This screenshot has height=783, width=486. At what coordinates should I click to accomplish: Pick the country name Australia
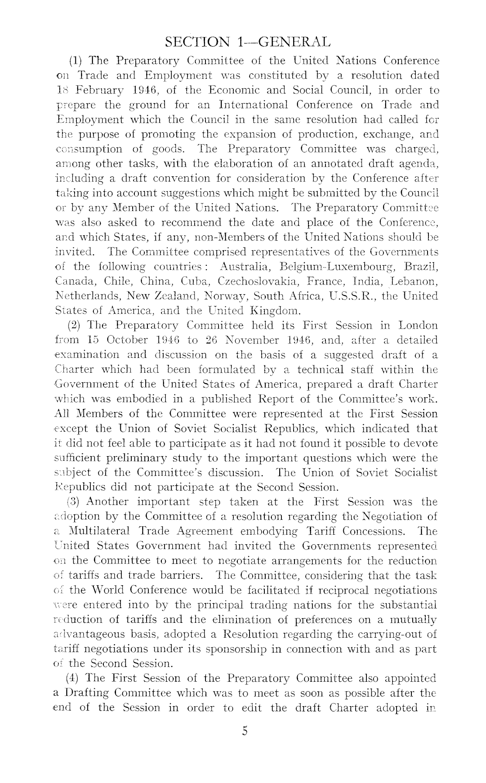pos(245,267)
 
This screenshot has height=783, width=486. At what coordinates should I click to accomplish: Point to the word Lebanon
pos(416,282)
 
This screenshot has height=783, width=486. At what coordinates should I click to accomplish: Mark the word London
pos(418,326)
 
